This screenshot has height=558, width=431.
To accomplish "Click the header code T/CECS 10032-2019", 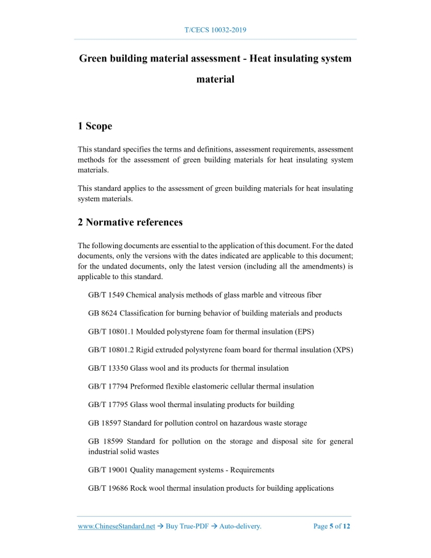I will (x=216, y=30).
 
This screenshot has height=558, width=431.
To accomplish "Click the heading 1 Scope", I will (x=95, y=126).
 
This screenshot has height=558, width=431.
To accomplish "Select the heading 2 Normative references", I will (x=130, y=222).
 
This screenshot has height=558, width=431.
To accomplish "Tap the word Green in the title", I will (x=94, y=59).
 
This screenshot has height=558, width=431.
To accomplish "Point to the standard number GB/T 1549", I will (x=106, y=295).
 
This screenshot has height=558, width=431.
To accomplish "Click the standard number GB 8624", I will (x=103, y=313).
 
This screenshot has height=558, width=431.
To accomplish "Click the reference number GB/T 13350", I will (x=108, y=368).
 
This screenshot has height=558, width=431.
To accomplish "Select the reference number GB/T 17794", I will (x=108, y=386).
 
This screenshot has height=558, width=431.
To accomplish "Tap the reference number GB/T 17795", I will (x=108, y=405).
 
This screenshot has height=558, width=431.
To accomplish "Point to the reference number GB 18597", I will (x=105, y=423).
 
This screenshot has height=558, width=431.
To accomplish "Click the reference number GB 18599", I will (x=105, y=442).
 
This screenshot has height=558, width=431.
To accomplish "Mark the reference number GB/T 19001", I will (x=108, y=470).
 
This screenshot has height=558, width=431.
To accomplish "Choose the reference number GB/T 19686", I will (x=108, y=488).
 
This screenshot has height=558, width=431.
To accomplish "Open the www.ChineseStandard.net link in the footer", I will (x=116, y=527).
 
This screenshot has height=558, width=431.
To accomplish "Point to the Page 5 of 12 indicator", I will (x=332, y=527).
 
